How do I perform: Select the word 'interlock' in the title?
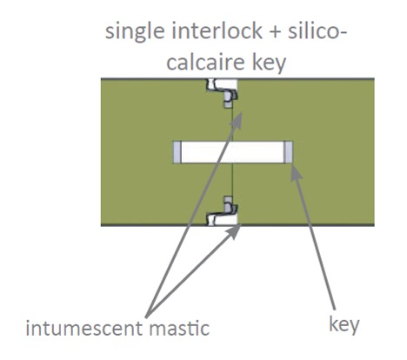pos(217,30)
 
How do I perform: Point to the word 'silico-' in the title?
pos(317,30)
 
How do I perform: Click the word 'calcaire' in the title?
pos(205,62)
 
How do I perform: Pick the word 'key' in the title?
pos(269,63)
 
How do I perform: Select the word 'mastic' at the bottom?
pos(179,328)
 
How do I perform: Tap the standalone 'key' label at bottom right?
pos(344,325)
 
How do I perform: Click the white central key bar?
pos(232,152)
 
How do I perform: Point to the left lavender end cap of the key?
pos(177,152)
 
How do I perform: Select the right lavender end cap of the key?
pos(288,152)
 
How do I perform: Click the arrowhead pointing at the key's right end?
pos(296,173)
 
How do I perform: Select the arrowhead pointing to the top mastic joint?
pos(237,119)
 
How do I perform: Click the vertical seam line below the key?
pos(232,180)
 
